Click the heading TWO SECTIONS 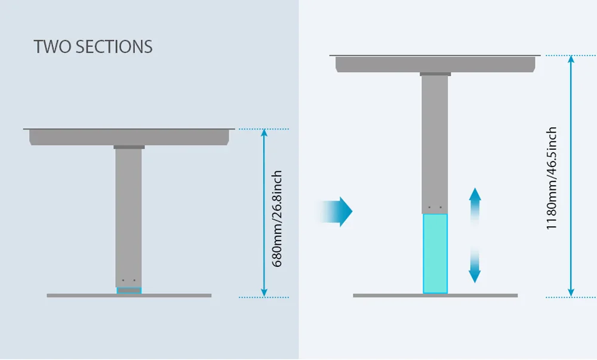(93, 47)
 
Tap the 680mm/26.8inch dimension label (277, 219)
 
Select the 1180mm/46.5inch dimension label (552, 178)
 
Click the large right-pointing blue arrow (338, 211)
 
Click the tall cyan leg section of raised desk (435, 253)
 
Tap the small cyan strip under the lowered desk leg (129, 291)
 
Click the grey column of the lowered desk (129, 215)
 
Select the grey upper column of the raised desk (435, 143)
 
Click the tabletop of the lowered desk (129, 136)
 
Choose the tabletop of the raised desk (435, 63)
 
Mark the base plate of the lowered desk (129, 296)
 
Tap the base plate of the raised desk (435, 296)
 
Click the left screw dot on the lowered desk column (123, 281)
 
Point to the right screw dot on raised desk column (441, 208)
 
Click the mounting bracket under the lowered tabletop (129, 147)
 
